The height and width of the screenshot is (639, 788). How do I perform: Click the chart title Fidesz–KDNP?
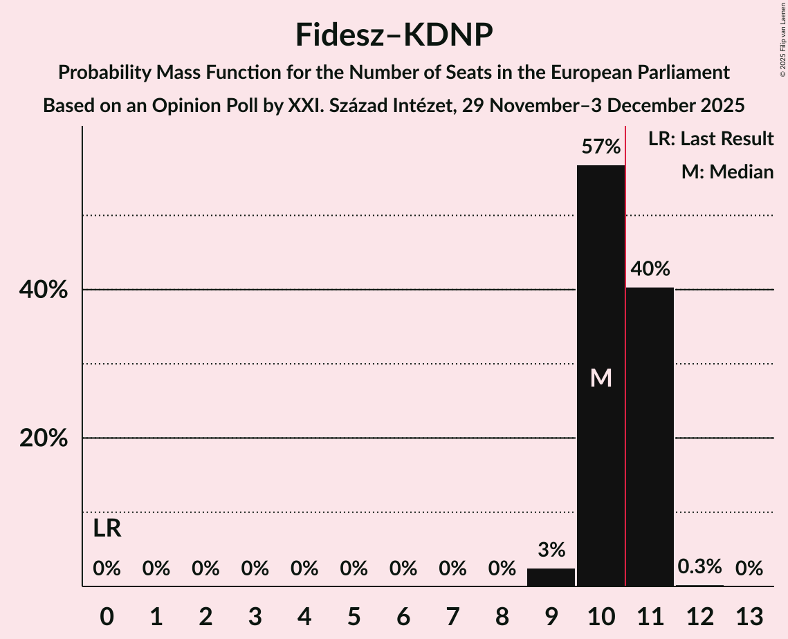394,35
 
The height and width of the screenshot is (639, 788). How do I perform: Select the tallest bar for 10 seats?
601,311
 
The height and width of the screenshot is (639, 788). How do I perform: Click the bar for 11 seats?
650,436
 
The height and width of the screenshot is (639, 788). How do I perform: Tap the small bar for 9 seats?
551,577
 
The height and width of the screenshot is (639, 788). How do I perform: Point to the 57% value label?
601,147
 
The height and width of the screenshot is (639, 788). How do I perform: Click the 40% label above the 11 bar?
650,269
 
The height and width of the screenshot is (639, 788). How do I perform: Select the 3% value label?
551,550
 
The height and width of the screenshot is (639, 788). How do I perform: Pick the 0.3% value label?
699,567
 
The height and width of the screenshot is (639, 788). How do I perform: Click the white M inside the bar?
601,378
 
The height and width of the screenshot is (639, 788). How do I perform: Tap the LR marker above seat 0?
107,529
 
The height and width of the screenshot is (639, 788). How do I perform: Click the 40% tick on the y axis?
44,290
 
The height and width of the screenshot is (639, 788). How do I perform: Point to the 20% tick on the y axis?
44,438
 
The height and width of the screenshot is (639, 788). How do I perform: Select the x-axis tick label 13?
749,615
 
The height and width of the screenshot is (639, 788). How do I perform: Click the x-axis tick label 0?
107,615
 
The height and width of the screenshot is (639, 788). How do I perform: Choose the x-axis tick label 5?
354,615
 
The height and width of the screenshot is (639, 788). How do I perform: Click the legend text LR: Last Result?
711,139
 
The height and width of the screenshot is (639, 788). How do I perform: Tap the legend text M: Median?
727,172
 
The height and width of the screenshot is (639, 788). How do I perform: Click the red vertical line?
625,346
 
